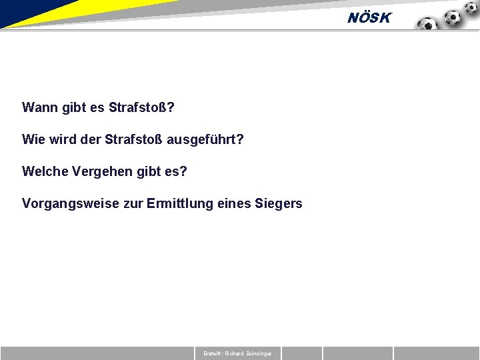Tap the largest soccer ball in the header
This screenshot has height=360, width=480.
click(427, 25)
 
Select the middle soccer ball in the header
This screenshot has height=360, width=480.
click(453, 17)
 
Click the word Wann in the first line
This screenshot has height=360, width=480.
click(39, 107)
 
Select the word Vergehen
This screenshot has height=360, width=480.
click(100, 171)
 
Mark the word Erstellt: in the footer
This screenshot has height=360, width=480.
click(213, 353)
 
